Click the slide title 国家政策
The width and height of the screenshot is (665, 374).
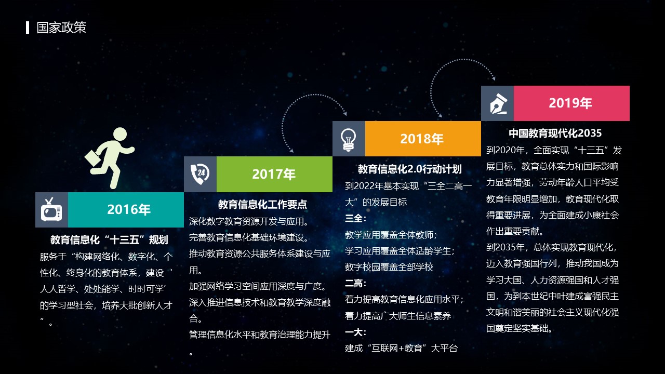[61, 28]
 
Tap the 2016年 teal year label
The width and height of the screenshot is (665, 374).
[129, 209]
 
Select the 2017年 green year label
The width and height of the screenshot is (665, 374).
[274, 174]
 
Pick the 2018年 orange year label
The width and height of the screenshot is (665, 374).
[422, 139]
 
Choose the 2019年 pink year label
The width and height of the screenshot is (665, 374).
[570, 103]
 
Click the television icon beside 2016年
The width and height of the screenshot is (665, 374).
[51, 209]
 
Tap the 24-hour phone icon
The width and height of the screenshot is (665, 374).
[200, 174]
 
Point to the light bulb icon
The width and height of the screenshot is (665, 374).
[349, 140]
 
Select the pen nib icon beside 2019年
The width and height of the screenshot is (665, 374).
[498, 103]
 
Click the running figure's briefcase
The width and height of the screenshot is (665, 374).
[93, 158]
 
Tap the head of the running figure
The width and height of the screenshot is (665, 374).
[120, 135]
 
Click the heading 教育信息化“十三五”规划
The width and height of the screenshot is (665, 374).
[109, 240]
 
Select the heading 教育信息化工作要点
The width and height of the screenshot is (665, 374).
[262, 204]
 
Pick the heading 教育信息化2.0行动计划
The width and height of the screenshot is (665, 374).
[410, 169]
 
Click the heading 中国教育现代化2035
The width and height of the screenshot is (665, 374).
[555, 133]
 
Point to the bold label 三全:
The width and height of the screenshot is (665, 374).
[356, 219]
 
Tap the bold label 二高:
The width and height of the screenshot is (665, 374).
[356, 283]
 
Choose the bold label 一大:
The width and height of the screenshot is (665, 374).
[356, 332]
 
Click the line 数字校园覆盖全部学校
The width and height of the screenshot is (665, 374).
[389, 267]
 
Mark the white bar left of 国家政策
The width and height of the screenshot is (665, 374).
[28, 28]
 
